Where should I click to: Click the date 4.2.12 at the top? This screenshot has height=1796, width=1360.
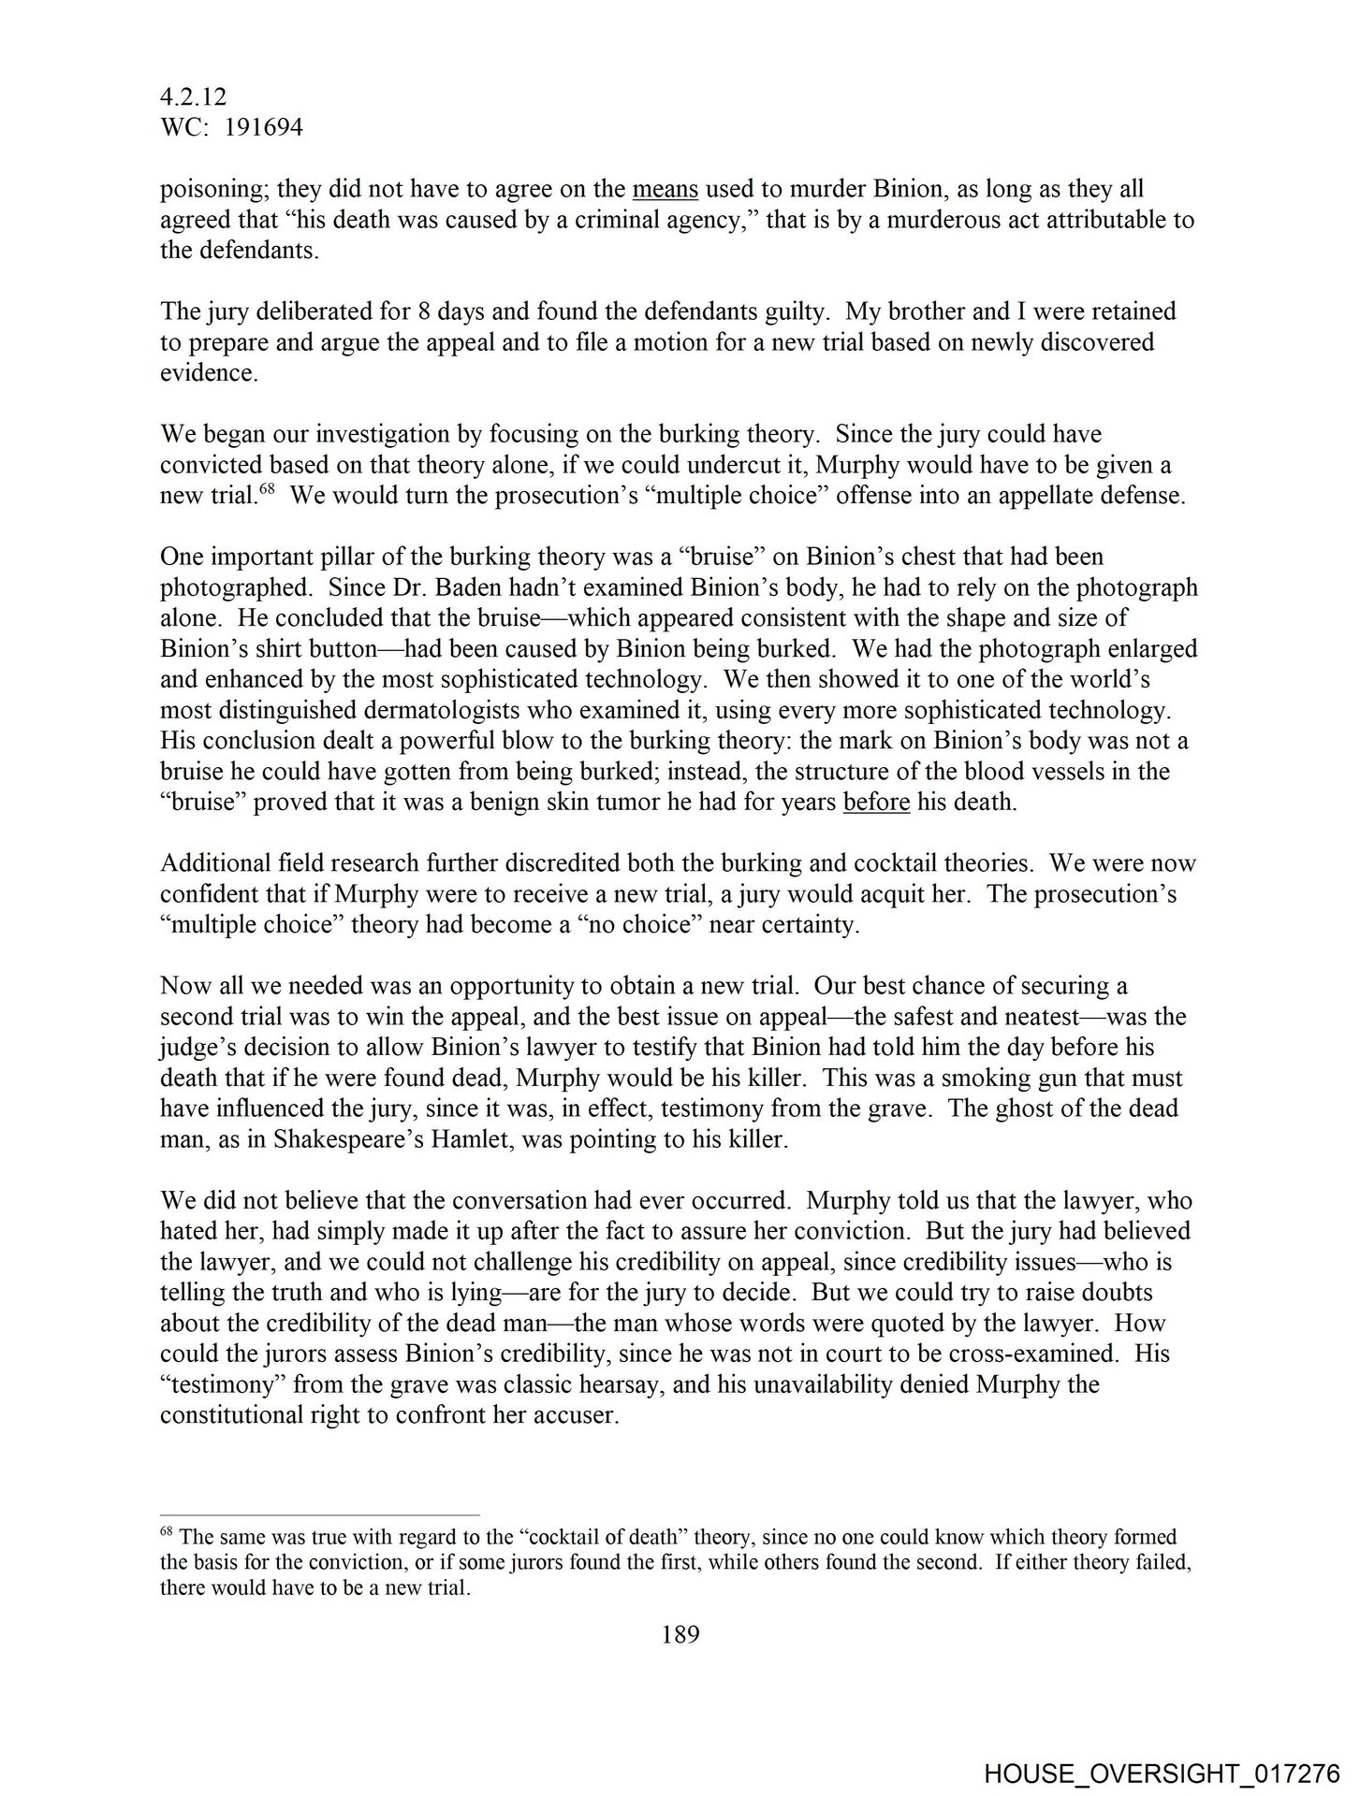pos(193,97)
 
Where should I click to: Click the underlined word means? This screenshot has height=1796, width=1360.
pos(665,189)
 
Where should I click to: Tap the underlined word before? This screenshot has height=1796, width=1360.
pos(876,803)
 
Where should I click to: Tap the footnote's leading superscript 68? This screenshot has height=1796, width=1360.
pos(168,1533)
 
